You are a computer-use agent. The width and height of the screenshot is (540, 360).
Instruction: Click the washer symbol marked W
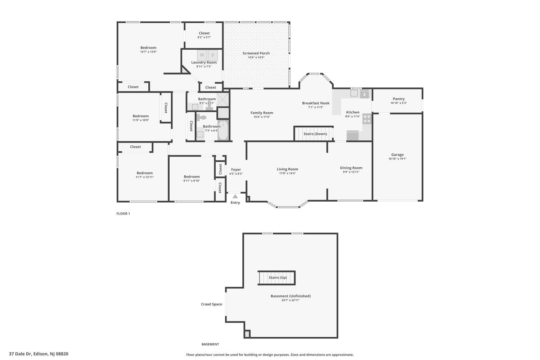tap(202, 55)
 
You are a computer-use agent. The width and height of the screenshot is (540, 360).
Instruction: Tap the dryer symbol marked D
tap(213, 55)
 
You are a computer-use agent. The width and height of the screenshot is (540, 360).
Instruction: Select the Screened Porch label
tap(256, 53)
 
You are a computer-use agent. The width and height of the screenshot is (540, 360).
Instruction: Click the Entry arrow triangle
tap(235, 197)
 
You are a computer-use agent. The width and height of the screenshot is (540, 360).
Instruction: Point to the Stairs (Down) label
tap(315, 134)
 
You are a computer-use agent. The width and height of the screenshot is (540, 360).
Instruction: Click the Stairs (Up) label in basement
tap(278, 278)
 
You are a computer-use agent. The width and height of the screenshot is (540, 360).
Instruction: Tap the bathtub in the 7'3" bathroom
tap(223, 130)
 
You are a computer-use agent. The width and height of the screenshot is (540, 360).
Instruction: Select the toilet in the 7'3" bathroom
tap(202, 117)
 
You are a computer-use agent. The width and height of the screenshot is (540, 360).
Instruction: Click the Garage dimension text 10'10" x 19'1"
tap(397, 159)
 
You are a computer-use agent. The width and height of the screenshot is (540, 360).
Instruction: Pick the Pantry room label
tap(399, 99)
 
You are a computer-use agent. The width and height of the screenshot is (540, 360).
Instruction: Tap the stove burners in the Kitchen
tap(367, 118)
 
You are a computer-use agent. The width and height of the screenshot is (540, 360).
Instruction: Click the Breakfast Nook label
tap(316, 103)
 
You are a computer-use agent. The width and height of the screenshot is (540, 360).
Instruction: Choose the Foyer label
tap(236, 170)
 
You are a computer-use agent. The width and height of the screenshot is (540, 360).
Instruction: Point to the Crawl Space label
tap(211, 304)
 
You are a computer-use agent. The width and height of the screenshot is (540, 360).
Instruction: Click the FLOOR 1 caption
tap(123, 213)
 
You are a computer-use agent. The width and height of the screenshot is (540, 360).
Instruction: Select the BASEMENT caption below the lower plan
tap(210, 344)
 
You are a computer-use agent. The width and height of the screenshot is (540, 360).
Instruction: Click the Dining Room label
tap(351, 168)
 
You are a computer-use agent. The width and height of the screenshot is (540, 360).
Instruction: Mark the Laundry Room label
tap(204, 62)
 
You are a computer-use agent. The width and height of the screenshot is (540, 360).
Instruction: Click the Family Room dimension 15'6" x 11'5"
tap(262, 117)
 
